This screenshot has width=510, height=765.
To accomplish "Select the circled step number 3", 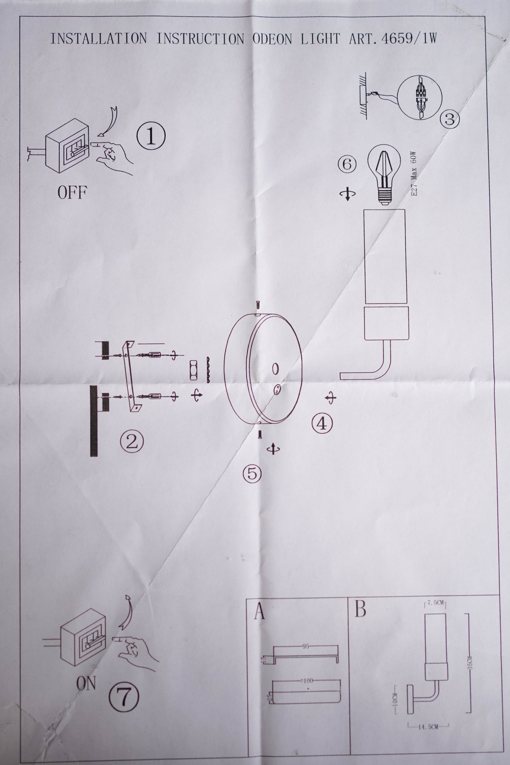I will pos(449,119).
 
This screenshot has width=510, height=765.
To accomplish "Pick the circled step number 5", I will pos(252,473).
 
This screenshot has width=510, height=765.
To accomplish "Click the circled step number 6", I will pos(347,165).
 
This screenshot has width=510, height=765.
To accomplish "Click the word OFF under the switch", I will pos(72,193).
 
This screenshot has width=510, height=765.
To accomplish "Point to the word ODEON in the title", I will pos(272,39).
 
